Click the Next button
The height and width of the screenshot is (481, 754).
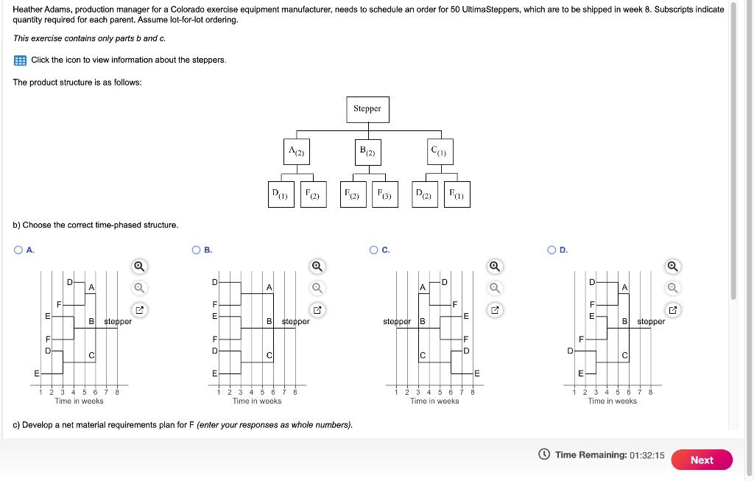point(701,460)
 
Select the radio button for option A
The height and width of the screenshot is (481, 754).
point(18,250)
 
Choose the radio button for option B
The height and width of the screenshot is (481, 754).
point(197,250)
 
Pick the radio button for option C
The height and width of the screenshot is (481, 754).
point(374,250)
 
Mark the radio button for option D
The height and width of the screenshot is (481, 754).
point(552,250)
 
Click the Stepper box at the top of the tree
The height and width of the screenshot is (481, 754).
point(367,109)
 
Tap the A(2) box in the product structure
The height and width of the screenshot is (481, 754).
point(296,152)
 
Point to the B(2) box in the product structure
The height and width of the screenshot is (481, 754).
point(367,152)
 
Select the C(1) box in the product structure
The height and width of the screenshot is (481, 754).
point(439,152)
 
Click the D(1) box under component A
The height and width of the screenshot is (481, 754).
point(280,194)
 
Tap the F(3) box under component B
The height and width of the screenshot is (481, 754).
point(384,194)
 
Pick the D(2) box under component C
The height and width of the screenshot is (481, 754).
point(424,194)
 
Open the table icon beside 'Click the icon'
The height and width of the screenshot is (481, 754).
point(20,60)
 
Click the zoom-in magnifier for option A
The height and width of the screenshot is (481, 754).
point(139,266)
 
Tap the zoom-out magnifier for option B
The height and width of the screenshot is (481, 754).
point(317,287)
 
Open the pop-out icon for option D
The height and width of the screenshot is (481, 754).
point(673,309)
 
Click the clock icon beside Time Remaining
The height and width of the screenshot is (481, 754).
point(544,455)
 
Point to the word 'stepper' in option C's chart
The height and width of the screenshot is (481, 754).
point(396,322)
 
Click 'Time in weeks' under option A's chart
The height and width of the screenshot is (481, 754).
point(79,401)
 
